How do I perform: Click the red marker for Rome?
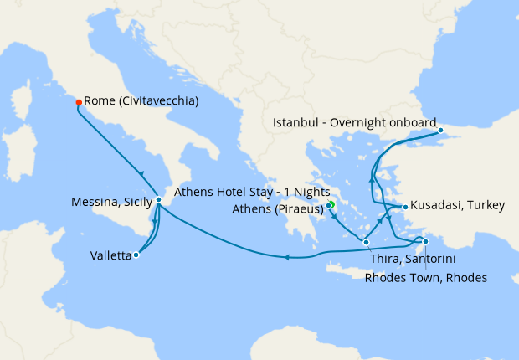pos(79,102)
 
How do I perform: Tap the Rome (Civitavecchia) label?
pos(141,101)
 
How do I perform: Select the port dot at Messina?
pos(158,200)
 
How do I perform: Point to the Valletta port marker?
pos(136,255)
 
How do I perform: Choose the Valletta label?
pos(110,256)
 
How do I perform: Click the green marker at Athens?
pos(331,203)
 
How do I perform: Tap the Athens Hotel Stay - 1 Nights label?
pos(251,192)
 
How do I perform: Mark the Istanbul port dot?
pos(442,131)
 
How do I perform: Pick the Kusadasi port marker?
pos(405,207)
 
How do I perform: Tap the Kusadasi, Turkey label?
pos(452,207)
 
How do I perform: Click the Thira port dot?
pos(367,242)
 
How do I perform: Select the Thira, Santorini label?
pos(413,260)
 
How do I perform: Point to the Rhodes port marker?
pos(426,243)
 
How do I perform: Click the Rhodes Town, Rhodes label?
pos(425,278)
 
